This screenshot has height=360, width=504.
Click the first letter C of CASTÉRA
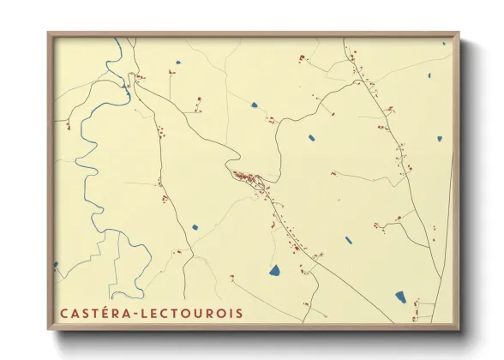(63, 314)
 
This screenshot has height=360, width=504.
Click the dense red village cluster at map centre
(249, 179)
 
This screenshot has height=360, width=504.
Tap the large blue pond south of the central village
(275, 271)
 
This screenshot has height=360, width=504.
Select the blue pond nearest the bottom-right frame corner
(400, 297)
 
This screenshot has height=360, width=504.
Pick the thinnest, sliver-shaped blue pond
(349, 240)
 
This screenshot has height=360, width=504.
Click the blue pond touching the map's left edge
(57, 265)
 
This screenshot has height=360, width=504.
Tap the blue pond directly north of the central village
(255, 105)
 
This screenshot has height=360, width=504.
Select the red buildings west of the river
(68, 126)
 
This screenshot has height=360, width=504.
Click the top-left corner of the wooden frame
(50, 34)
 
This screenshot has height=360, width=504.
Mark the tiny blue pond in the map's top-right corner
(444, 43)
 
